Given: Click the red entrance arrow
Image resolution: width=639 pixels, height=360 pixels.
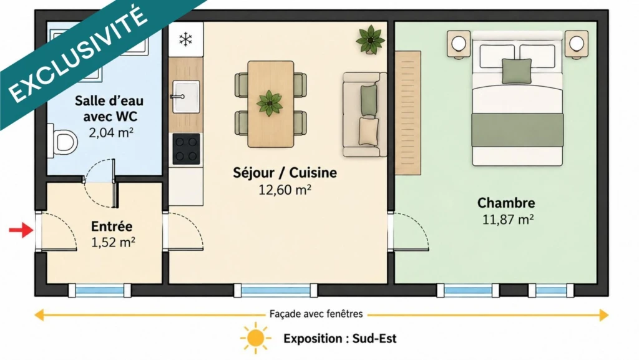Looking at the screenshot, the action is (21, 230).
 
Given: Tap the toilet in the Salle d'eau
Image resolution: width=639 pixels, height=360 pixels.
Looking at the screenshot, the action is (62, 141).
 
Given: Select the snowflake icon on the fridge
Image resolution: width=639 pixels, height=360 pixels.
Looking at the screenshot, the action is (186, 39).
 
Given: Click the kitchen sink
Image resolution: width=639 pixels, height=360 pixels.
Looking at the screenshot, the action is (186, 97).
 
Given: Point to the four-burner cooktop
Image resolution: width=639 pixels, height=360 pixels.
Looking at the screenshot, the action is (186, 149).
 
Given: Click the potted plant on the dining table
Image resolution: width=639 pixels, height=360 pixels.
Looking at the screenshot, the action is (270, 103).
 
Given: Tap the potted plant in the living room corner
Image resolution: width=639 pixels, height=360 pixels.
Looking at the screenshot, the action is (371, 39).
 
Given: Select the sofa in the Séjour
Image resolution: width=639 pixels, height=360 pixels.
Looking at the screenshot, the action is (364, 114).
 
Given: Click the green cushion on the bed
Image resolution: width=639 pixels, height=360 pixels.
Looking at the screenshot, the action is (517, 71).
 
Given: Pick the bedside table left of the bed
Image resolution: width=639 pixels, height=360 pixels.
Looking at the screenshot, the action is (459, 43).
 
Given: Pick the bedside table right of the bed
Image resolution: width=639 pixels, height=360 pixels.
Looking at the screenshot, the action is (577, 43).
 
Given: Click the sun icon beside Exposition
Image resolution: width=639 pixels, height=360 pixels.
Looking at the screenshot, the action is (255, 338).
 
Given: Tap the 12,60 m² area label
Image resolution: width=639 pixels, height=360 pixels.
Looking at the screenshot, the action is (285, 190).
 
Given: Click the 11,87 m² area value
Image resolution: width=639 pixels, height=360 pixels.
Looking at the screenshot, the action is (508, 220).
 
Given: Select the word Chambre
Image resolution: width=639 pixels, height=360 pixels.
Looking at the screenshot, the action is (506, 203).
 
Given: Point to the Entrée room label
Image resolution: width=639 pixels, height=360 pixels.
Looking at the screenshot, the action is (112, 226).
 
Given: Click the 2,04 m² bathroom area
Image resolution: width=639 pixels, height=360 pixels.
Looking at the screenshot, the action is (111, 132).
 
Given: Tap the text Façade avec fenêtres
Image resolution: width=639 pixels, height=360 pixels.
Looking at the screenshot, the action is (316, 314).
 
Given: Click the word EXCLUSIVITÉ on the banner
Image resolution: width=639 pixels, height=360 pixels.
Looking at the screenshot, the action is (77, 54).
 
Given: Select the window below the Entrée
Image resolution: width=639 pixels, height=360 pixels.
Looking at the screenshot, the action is (100, 291).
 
